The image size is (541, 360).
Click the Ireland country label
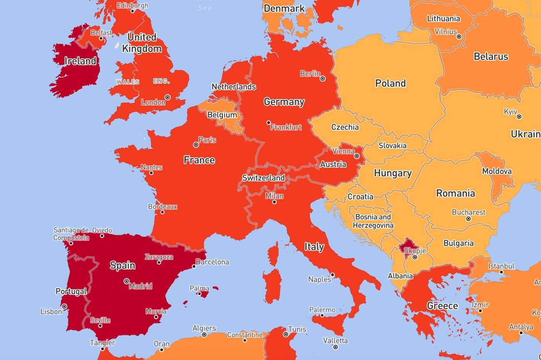[x=80, y=61]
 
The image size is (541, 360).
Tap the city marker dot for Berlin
[x=323, y=78]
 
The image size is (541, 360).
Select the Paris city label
[x=207, y=140]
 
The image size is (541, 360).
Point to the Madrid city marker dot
[x=126, y=281]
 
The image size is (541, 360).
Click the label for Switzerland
[x=263, y=178]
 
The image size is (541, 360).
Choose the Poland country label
[x=390, y=83]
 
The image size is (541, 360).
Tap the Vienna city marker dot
[x=357, y=156]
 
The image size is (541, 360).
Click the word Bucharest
[x=468, y=212]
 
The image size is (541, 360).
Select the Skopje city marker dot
[x=415, y=257]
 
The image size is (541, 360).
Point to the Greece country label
[x=442, y=306]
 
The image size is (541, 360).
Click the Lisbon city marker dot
[x=65, y=306]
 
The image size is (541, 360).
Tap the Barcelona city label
[x=212, y=262]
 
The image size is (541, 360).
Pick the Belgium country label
[x=222, y=115]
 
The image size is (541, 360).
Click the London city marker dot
[x=167, y=97]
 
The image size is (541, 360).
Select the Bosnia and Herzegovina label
[x=373, y=221]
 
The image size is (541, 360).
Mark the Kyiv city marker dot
[x=519, y=116]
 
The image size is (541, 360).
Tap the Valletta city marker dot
[x=335, y=347]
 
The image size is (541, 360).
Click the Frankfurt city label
[x=286, y=127]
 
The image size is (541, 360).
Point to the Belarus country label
[x=491, y=56]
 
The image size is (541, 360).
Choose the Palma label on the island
[x=199, y=288]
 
